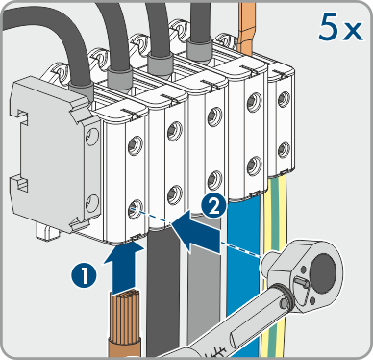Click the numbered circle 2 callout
tap(213, 207)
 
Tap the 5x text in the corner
tap(340, 29)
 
